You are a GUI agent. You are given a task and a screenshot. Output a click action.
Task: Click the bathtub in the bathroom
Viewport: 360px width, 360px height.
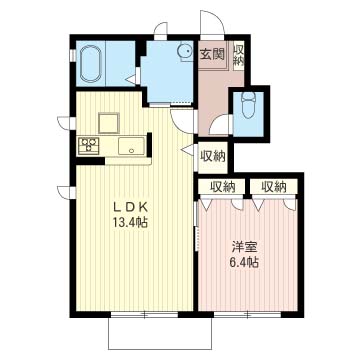click(x=91, y=64)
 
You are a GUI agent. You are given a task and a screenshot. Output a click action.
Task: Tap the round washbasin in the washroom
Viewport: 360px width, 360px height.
click(x=185, y=52)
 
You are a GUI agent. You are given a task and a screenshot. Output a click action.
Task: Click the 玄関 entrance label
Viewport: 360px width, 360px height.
click(x=212, y=54)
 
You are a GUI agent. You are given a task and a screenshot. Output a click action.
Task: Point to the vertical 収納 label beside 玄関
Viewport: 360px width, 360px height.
click(x=239, y=55)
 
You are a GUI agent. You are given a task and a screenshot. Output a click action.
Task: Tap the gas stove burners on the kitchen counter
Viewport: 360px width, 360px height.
click(x=88, y=146)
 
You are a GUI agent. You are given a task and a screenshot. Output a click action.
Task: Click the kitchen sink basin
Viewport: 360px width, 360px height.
click(x=131, y=146)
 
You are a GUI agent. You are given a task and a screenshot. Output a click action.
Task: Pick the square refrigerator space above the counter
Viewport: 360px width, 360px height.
click(x=109, y=123)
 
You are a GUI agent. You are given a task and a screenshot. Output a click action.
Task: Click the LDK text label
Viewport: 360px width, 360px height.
click(x=131, y=208)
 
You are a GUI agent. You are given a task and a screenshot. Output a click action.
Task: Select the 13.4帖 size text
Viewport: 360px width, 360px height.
click(x=131, y=222)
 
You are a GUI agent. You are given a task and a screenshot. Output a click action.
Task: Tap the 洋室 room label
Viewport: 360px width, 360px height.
click(x=244, y=248)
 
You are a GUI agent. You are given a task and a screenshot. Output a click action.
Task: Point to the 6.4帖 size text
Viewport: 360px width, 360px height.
click(x=244, y=263)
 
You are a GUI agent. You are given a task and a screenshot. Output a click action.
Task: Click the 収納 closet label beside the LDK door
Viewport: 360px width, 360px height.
click(x=213, y=156)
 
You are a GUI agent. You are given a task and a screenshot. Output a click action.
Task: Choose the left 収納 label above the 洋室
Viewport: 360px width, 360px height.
click(x=222, y=187)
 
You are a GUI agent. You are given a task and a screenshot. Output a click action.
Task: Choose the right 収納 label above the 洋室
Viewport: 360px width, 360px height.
click(x=274, y=187)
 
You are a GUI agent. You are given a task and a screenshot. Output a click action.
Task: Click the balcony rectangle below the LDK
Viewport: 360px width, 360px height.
click(x=160, y=333)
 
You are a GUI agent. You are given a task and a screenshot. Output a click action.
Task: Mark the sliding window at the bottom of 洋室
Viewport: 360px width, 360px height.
click(x=247, y=314)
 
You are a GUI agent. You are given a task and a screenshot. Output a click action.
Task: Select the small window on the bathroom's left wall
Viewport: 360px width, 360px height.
click(x=72, y=55)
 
